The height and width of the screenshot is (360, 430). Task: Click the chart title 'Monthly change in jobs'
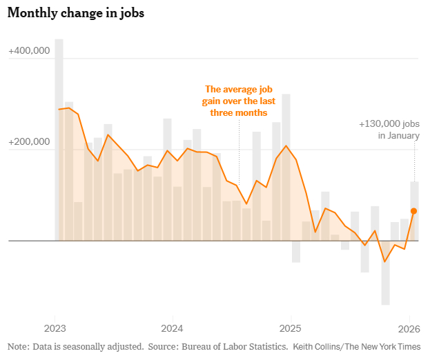pyautogui.click(x=75, y=14)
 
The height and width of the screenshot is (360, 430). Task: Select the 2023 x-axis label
pyautogui.click(x=55, y=328)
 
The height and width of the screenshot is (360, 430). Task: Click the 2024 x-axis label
pyautogui.click(x=172, y=328)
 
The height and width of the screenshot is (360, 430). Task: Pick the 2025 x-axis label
pyautogui.click(x=291, y=328)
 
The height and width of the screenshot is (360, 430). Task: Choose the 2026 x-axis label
pyautogui.click(x=409, y=328)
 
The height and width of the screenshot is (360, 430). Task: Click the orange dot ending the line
pyautogui.click(x=414, y=211)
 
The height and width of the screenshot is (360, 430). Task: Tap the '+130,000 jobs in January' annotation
pyautogui.click(x=389, y=130)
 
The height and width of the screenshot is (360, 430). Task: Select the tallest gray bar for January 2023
pyautogui.click(x=59, y=138)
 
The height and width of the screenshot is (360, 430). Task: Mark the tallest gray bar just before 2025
pyautogui.click(x=286, y=166)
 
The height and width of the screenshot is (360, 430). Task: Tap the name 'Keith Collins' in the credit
pyautogui.click(x=317, y=346)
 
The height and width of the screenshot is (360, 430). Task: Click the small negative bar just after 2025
pyautogui.click(x=296, y=252)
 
